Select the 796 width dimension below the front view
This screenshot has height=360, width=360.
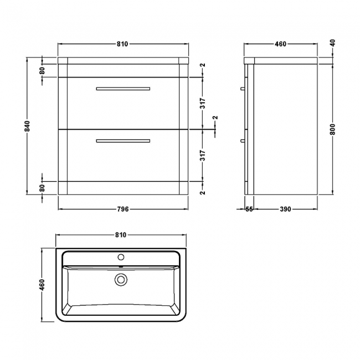(123, 209)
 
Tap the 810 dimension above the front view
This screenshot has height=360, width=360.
(123, 44)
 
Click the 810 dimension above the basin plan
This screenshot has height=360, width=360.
(121, 235)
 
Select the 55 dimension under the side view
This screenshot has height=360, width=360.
(249, 209)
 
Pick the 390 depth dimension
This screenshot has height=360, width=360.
(285, 209)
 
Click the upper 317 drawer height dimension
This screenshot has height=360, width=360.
(203, 104)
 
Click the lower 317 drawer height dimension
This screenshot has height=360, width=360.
(203, 156)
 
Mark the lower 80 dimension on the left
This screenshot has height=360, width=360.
(42, 188)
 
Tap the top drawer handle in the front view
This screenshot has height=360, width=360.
(123, 89)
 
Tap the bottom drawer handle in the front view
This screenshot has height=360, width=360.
(123, 141)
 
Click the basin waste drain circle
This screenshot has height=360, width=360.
(120, 280)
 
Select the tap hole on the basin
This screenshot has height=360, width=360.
(120, 258)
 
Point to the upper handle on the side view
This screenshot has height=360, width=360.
(243, 89)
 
